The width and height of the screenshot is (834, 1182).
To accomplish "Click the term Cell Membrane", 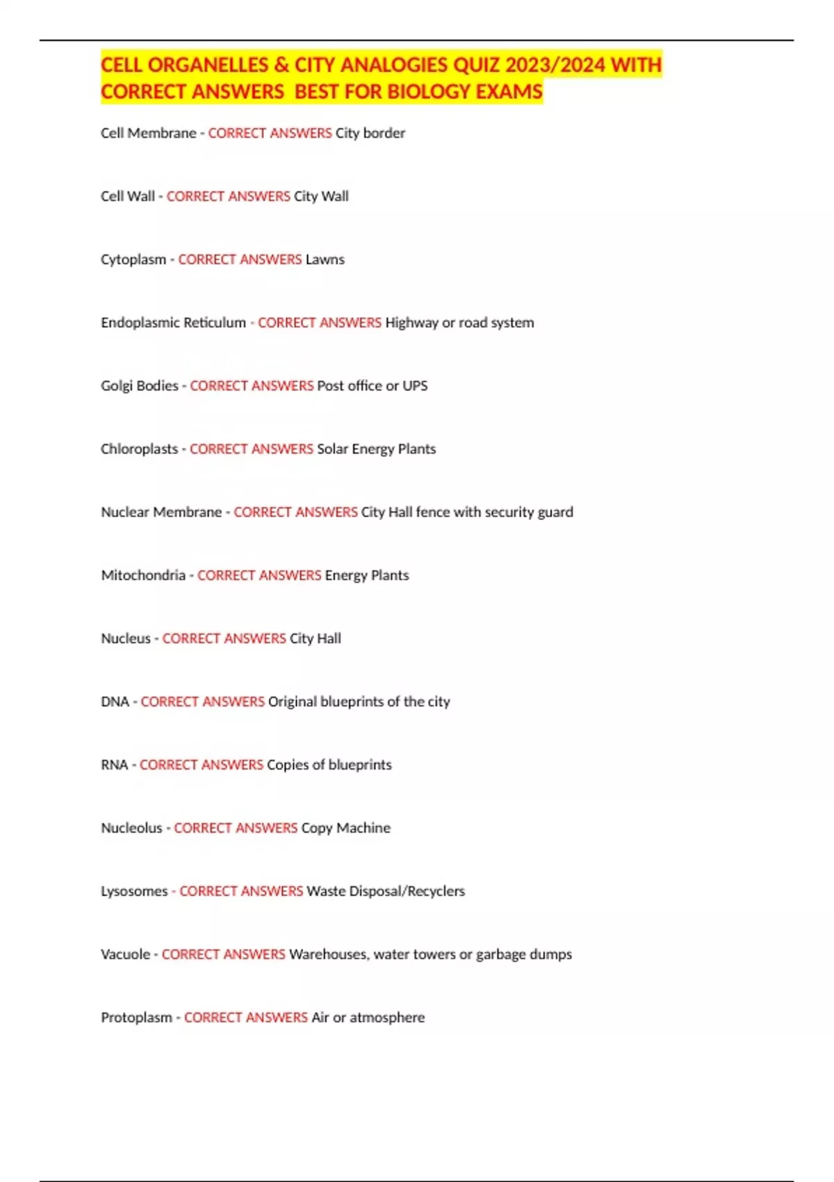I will [148, 133].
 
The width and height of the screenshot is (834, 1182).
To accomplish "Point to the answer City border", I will [370, 133].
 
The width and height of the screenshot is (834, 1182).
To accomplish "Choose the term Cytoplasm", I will [133, 259].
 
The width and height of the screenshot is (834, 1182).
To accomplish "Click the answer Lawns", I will [325, 259].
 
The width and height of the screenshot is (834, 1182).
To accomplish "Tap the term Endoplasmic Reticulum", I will [173, 323].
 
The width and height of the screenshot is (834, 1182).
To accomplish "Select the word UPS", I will [415, 386].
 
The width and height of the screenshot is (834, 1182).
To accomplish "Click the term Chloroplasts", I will [139, 449].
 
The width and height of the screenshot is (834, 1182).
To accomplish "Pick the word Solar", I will [332, 449].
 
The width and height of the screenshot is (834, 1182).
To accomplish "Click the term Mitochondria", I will [143, 576].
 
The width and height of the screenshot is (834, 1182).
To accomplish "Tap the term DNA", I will [115, 702].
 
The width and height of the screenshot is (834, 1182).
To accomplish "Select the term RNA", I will [114, 765].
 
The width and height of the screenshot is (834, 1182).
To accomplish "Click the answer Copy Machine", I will [345, 828].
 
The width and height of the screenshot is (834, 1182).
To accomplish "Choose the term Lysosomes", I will [134, 891].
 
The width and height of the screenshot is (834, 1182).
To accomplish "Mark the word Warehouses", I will [328, 955].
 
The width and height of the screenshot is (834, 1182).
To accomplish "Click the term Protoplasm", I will [136, 1018].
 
